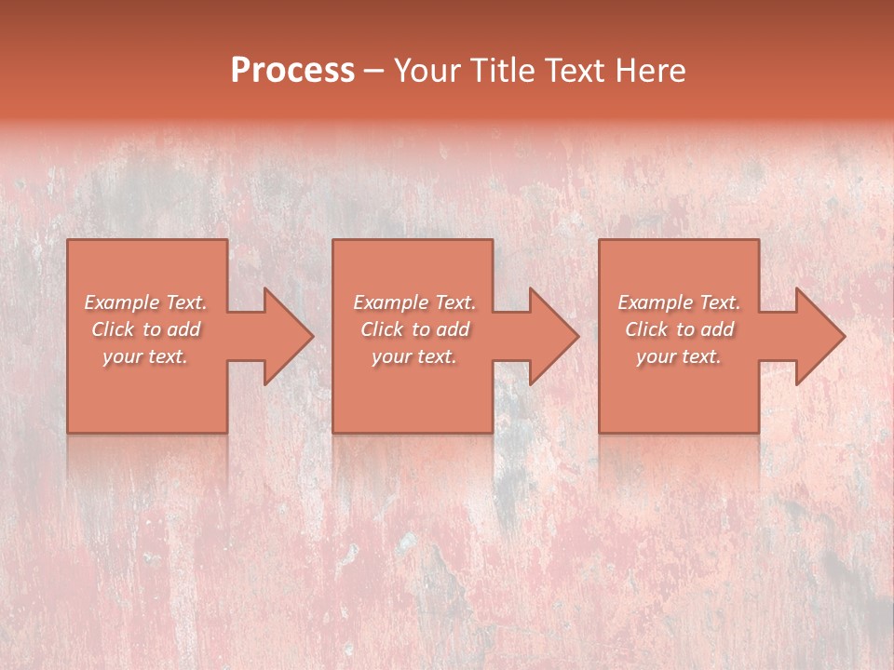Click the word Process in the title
coord(292,71)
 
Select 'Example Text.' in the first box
coord(145,302)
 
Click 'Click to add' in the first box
coord(146,329)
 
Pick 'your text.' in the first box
coord(145,356)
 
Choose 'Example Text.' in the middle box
coord(414,302)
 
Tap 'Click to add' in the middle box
coord(415,329)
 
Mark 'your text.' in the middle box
coord(414,356)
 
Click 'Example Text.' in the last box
coord(679,302)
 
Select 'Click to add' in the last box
coord(680,329)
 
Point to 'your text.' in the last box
coord(679,356)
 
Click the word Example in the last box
coord(656,302)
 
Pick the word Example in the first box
coord(122,302)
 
